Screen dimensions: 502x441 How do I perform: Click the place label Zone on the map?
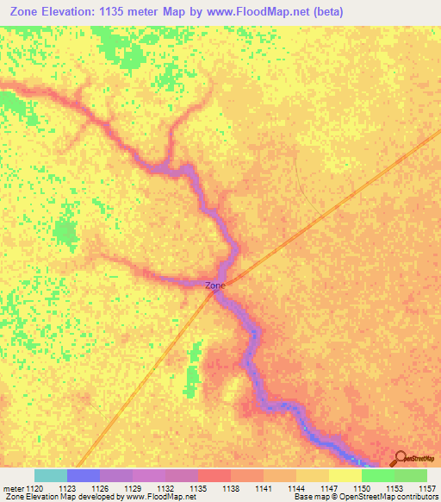215,286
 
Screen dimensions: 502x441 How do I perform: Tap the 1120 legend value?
34,489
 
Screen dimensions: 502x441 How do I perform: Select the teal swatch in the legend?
51,475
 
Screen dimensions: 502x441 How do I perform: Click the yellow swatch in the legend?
345,475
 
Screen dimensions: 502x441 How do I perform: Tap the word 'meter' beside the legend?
12,489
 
